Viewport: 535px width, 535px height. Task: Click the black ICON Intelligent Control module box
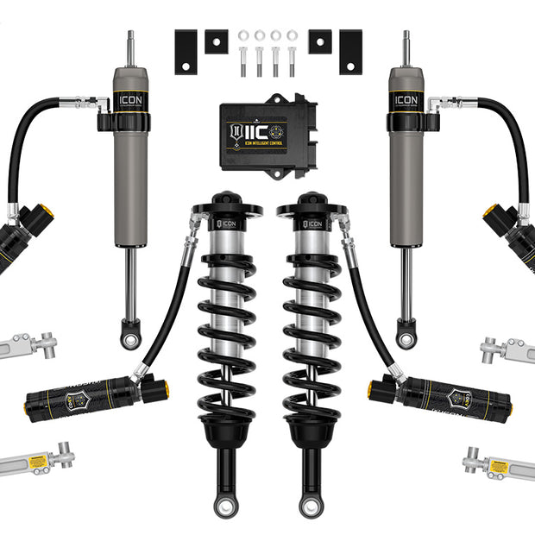[267, 134]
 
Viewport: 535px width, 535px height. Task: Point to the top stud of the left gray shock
[131, 47]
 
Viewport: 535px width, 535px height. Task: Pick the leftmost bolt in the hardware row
[243, 60]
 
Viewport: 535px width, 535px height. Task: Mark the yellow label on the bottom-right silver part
[499, 466]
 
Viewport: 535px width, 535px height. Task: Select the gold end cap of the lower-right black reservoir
[372, 388]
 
